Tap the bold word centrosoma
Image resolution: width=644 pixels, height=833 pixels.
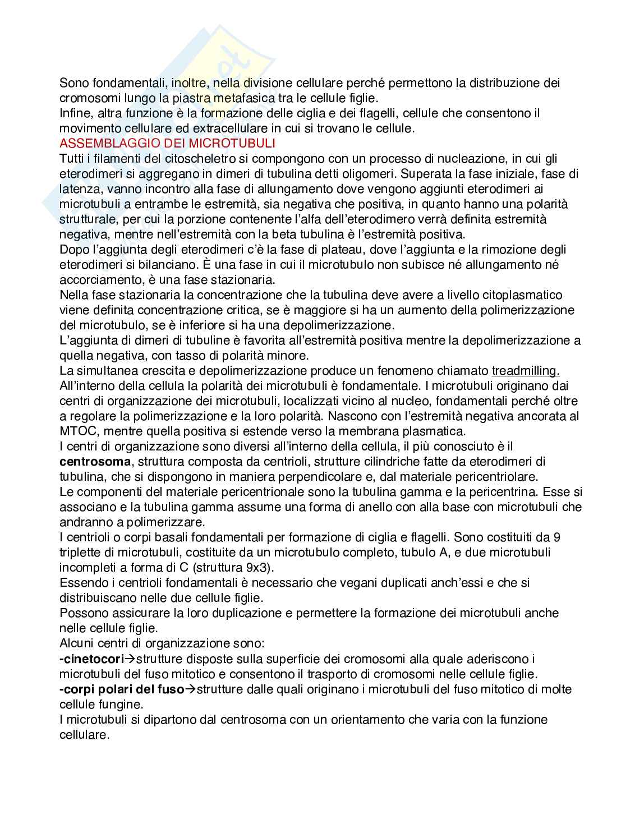coord(95,462)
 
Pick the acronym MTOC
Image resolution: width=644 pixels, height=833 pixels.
coord(76,431)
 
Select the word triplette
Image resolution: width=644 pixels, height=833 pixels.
coord(81,553)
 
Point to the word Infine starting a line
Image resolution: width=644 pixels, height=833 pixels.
coord(75,113)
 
